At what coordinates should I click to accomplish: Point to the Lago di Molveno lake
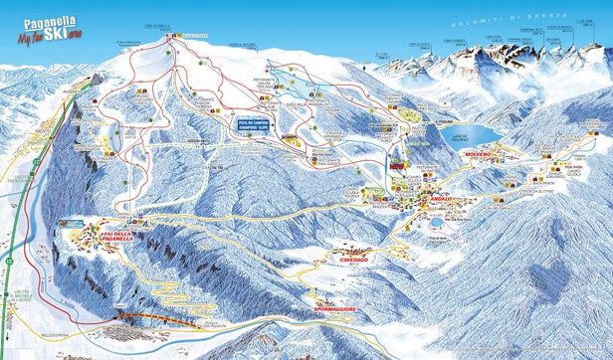(x=471, y=132)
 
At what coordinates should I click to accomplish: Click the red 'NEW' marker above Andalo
(x=399, y=169)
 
